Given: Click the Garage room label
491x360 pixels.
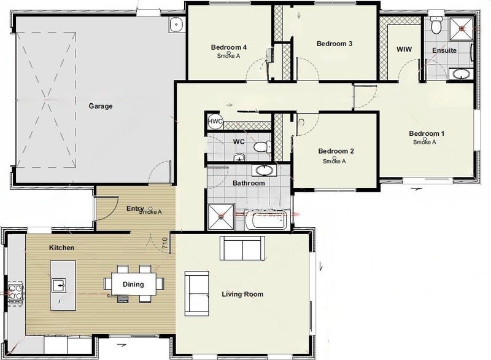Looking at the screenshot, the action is point(100,106).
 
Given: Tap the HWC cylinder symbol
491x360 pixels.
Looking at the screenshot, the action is point(215,121).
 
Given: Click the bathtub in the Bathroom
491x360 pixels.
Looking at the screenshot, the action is point(266,221).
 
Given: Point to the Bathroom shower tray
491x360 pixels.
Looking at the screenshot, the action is point(221,216).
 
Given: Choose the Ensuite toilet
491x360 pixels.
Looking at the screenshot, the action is point(436,25).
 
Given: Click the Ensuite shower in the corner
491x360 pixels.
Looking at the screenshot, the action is point(461,29).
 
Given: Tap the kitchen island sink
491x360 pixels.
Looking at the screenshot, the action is point(60,286).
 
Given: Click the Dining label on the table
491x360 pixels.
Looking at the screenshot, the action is point(133,284).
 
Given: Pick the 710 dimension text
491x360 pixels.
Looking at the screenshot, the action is point(165,243).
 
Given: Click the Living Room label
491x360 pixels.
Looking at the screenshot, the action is point(242,294).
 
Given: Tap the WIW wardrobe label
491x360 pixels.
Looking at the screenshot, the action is point(404,50).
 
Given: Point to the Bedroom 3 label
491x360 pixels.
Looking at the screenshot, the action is point(334,44).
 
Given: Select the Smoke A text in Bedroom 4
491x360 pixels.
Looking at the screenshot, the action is point(228,56).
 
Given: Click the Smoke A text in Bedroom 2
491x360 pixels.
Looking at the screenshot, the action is point(334,162).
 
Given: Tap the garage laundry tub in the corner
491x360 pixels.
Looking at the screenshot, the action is point(177,24).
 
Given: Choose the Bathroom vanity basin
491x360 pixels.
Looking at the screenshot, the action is point(265,170).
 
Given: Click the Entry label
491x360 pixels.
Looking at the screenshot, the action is point(135,208).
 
